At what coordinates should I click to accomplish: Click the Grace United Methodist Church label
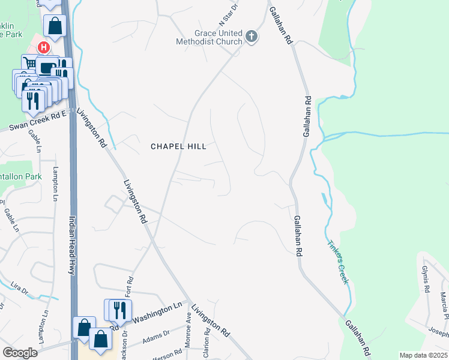point(209,37)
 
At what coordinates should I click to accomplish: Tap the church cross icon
point(252,38)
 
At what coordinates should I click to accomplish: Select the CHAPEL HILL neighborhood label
point(178,146)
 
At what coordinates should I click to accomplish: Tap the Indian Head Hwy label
point(71,245)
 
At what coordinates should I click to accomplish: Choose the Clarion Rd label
point(206,347)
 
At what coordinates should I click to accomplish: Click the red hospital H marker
point(43,47)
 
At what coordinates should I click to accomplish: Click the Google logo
point(20,353)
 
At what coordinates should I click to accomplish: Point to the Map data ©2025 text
point(423,355)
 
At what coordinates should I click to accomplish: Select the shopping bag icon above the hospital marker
point(55,26)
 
